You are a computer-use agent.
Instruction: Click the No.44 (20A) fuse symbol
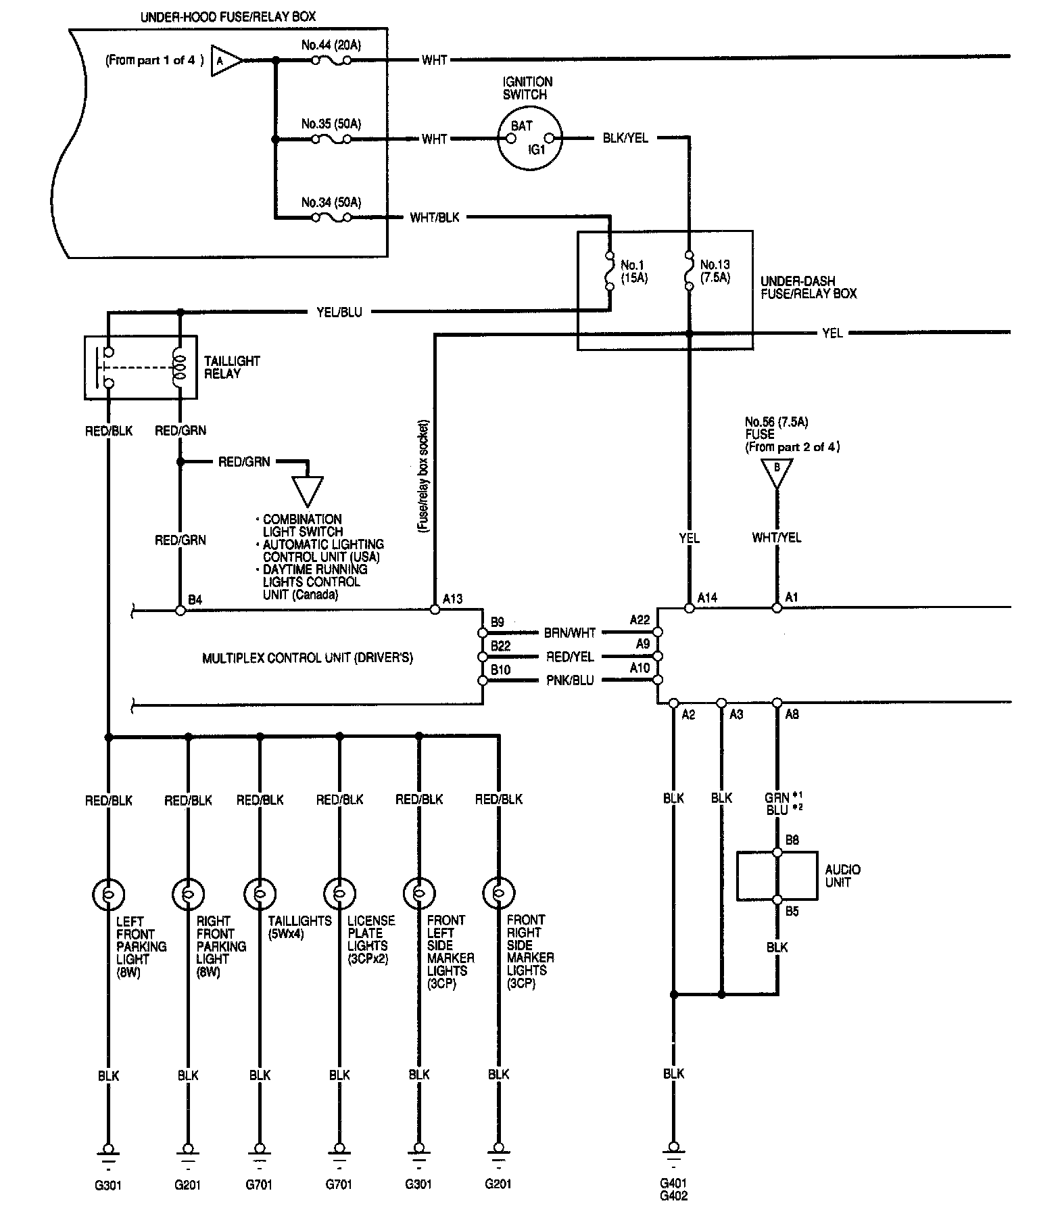coord(331,60)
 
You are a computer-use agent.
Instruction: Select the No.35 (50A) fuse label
coord(331,124)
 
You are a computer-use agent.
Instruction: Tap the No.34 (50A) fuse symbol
coord(331,218)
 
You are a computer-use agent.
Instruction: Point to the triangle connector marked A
coord(226,60)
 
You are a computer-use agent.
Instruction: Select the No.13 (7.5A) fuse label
coord(715,271)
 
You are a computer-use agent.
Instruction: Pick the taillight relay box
coord(141,367)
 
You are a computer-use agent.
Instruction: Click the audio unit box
coord(777,876)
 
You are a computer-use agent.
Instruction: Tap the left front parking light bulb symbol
coord(108,893)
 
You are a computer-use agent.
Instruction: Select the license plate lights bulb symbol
coord(339,893)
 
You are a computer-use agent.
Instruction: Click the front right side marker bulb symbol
coord(499,893)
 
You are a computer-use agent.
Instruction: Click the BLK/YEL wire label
coord(625,139)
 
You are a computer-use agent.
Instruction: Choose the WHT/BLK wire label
coord(435,218)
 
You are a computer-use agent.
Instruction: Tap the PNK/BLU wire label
coord(570,680)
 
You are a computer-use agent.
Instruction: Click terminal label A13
coord(453,599)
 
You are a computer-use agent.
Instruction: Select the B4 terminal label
coord(195,599)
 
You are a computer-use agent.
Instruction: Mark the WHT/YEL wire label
coord(777,538)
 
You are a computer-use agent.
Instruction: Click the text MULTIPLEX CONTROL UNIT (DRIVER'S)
coord(308,657)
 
